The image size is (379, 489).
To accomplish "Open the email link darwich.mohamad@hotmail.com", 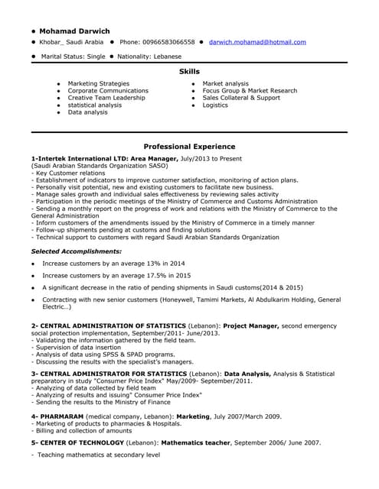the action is tap(256, 42).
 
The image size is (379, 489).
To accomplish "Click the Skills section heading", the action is tap(189, 71).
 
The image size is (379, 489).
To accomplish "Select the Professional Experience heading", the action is tap(189, 145).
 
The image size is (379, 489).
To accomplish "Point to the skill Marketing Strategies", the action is tap(98, 83).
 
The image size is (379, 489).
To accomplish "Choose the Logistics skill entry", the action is tap(215, 105).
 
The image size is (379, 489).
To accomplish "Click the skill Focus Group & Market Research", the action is tap(250, 91).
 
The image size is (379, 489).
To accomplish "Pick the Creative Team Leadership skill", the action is tap(106, 98).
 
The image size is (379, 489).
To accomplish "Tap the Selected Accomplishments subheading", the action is tap(76, 251).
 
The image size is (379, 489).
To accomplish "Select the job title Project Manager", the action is tap(250, 325).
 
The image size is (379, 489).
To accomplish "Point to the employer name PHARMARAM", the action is tap(60, 416).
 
